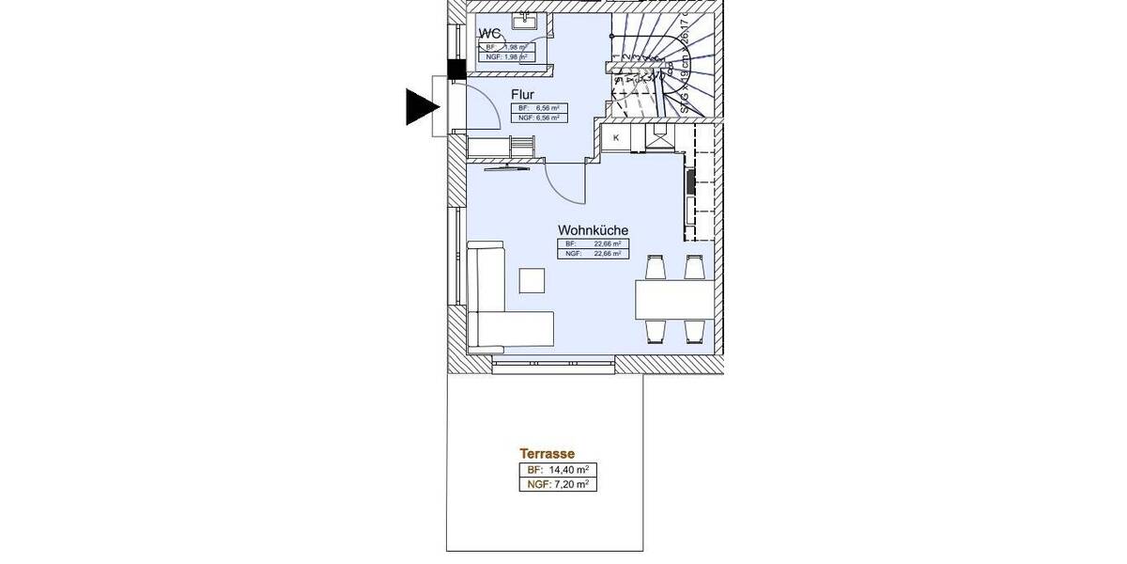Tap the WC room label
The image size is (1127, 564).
489,35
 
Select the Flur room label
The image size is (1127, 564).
524,95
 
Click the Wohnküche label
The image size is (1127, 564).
593,229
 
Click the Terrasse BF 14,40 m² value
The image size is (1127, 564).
557,470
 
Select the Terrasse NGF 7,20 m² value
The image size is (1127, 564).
557,485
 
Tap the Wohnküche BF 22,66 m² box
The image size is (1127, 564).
593,243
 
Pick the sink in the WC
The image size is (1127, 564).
523,18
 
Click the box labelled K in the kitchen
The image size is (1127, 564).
616,138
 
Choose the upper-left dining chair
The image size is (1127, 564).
655,268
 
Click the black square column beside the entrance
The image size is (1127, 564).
456,69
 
